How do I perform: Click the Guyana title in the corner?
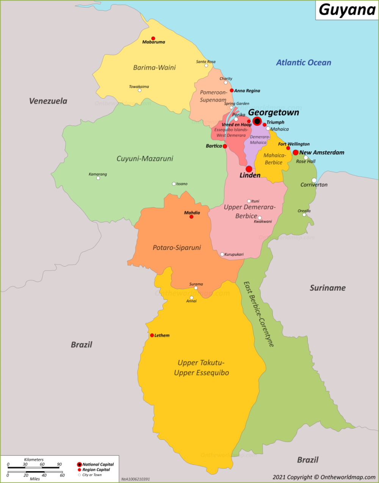click(x=347, y=10)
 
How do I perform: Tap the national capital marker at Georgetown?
click(x=257, y=121)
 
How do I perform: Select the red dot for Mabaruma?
click(x=153, y=38)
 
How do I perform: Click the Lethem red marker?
click(x=152, y=335)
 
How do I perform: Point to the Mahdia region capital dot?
click(x=191, y=217)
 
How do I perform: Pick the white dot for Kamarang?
click(x=98, y=178)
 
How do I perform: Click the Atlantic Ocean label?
click(x=303, y=63)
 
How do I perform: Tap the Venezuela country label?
click(x=48, y=101)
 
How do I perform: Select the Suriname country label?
click(x=327, y=288)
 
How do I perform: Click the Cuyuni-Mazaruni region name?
click(x=144, y=158)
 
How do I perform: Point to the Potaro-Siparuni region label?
click(x=177, y=248)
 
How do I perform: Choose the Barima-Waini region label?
click(x=154, y=67)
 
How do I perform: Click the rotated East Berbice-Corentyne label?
click(x=258, y=314)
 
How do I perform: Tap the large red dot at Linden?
click(x=249, y=169)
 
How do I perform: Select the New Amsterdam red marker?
click(x=296, y=152)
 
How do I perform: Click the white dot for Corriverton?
click(x=314, y=180)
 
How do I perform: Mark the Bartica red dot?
click(x=225, y=146)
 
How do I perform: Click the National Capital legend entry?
click(x=96, y=464)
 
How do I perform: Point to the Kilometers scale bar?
click(x=34, y=467)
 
